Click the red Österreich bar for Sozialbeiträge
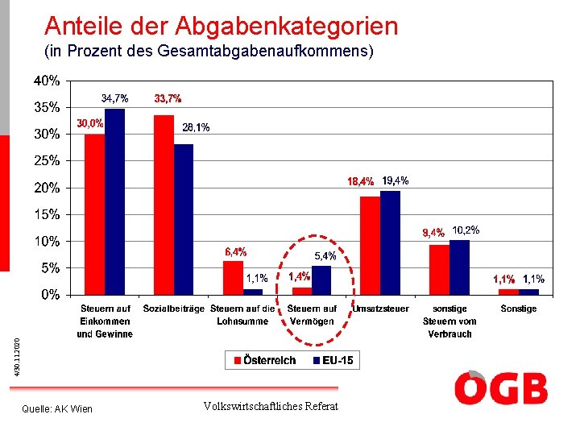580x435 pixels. click(164, 205)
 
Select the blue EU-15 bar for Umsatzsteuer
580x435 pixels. click(391, 242)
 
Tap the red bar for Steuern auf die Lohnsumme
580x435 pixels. click(234, 277)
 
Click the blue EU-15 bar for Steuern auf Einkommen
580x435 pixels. click(115, 201)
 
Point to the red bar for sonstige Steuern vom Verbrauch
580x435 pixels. click(439, 269)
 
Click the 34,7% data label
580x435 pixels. click(114, 98)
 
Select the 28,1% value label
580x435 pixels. click(196, 127)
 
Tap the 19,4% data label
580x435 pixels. click(395, 180)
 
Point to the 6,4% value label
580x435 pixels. click(235, 252)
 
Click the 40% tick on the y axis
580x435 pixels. click(46, 81)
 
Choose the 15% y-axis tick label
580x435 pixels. click(46, 214)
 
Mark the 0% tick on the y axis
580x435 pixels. click(50, 295)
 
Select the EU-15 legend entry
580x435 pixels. click(332, 361)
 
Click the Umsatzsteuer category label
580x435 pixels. click(381, 309)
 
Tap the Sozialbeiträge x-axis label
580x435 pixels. click(172, 309)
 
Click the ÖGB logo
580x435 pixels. click(500, 387)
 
